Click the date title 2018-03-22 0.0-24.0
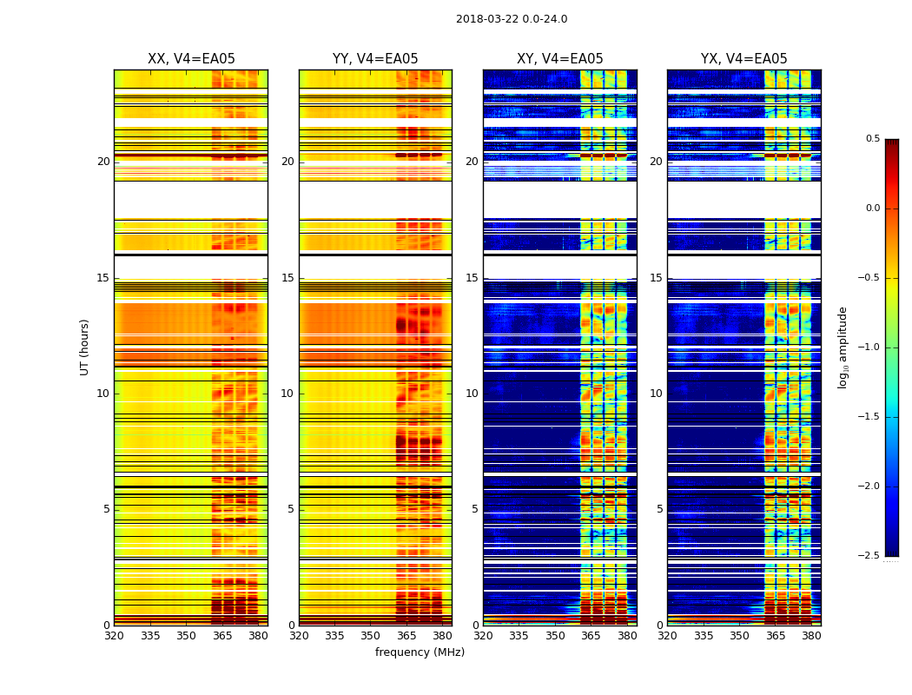(x=512, y=19)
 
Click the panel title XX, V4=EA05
(x=191, y=59)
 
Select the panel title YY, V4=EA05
(x=375, y=59)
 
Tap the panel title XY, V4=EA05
(x=559, y=59)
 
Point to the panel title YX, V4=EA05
(x=743, y=59)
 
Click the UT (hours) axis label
(x=85, y=347)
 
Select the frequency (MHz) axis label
(x=420, y=652)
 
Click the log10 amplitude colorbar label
(x=843, y=347)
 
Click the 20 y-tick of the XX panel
(x=103, y=162)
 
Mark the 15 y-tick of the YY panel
(x=288, y=278)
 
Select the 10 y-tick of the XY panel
(x=473, y=394)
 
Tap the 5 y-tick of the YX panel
(x=660, y=509)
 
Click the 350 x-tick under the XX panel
(x=186, y=636)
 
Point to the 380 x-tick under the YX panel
(x=811, y=636)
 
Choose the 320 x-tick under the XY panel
(x=483, y=636)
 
